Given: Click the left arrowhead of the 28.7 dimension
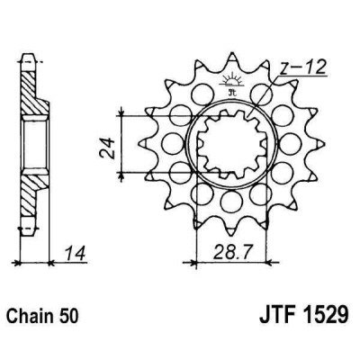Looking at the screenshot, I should (190, 262).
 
